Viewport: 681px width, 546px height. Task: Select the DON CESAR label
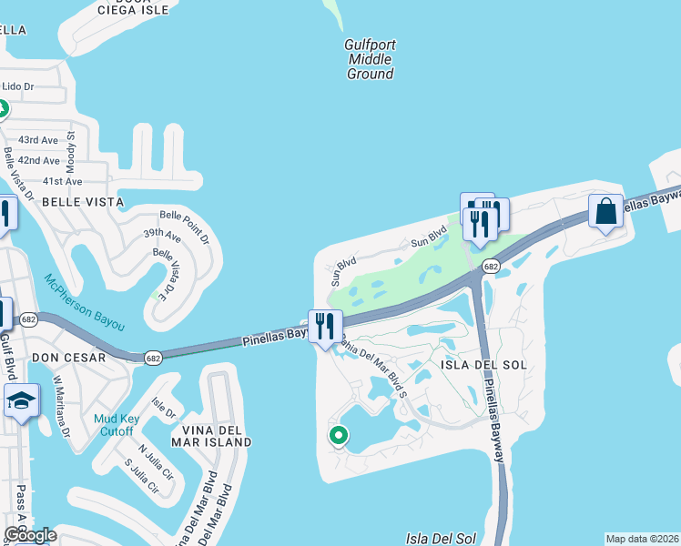[69, 358]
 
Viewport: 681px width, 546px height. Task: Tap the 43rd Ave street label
[38, 140]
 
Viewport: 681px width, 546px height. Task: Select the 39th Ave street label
[162, 234]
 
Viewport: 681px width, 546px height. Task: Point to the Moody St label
[70, 149]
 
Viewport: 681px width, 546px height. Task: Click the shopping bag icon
[605, 213]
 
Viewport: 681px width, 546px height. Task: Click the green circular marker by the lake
[338, 436]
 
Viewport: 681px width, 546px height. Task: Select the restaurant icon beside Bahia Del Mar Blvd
[325, 325]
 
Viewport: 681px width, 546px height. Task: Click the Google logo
[30, 536]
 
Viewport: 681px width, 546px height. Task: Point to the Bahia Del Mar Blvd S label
[372, 363]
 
